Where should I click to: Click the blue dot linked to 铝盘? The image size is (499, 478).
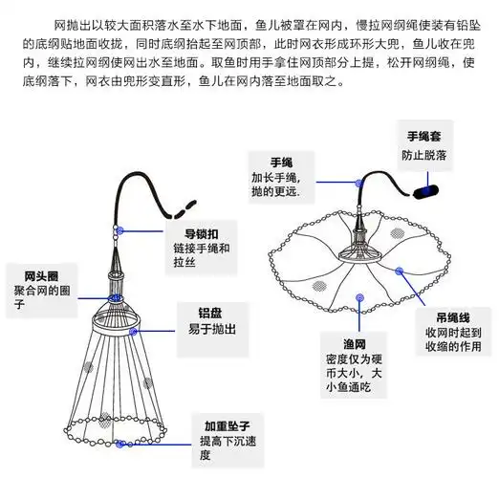[137, 331]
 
